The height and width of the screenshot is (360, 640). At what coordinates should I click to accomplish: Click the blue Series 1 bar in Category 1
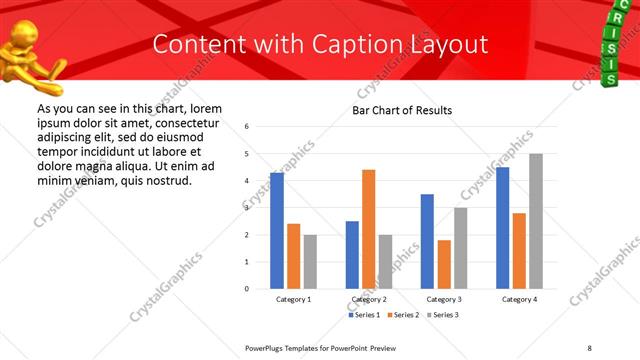click(277, 231)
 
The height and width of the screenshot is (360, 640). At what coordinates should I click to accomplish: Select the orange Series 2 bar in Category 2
click(368, 229)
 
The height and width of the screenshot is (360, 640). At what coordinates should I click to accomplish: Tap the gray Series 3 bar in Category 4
click(536, 221)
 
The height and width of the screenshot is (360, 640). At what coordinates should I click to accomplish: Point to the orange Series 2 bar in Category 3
click(444, 264)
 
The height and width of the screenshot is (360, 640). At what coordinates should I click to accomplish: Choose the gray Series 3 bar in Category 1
click(310, 261)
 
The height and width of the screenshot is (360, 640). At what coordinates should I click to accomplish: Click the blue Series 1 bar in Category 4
click(502, 228)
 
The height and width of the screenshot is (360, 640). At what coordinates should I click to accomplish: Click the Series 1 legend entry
click(363, 315)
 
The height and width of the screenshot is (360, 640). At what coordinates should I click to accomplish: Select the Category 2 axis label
click(368, 299)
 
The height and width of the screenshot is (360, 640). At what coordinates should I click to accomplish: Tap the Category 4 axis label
click(519, 299)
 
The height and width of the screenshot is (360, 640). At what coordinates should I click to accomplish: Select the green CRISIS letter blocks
click(609, 45)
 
